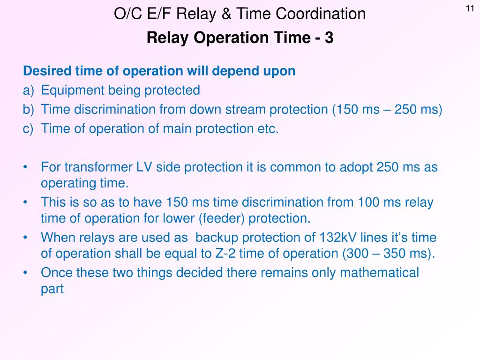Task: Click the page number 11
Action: (470, 8)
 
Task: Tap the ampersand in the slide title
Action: (226, 14)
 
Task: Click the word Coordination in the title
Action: (321, 14)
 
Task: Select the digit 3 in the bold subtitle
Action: (329, 37)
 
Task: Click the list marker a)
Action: (29, 90)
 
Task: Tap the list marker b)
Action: (29, 110)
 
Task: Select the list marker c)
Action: (28, 129)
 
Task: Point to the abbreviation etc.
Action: (268, 129)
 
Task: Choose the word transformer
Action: (98, 167)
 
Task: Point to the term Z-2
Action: (225, 254)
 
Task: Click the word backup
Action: (217, 238)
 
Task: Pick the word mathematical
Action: (379, 273)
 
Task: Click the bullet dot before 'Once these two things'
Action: (25, 272)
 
